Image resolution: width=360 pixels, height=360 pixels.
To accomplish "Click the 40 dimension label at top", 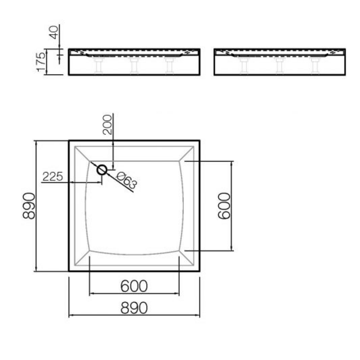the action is [54, 32].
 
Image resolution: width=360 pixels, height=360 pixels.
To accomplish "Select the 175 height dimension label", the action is [41, 62].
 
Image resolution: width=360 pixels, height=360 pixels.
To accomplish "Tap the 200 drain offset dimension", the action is [107, 124].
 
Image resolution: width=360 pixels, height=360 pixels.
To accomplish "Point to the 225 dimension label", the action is [52, 177].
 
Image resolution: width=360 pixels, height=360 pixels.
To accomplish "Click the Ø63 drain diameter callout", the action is [127, 180].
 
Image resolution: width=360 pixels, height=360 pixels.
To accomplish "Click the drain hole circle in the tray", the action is [102, 170].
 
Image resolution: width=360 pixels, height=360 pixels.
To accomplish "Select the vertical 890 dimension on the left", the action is [29, 206].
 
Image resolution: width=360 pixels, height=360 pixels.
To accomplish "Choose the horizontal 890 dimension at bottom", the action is [134, 308].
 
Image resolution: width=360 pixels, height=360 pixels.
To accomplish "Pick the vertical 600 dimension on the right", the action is [224, 206].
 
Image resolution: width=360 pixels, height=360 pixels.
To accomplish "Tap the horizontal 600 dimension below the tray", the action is [134, 286].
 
